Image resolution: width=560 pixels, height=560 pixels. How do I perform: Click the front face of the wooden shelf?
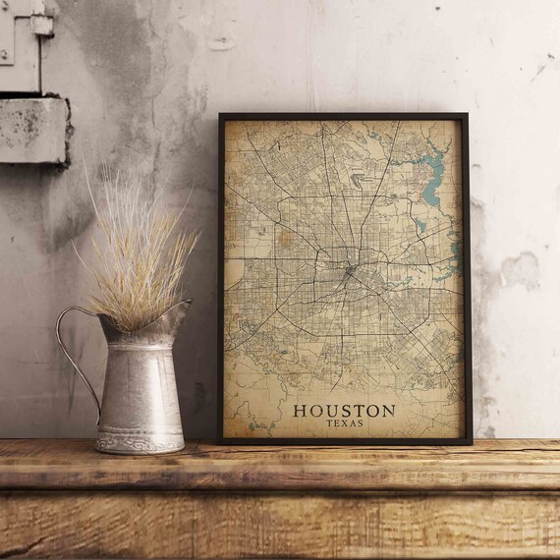(x=280, y=521)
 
